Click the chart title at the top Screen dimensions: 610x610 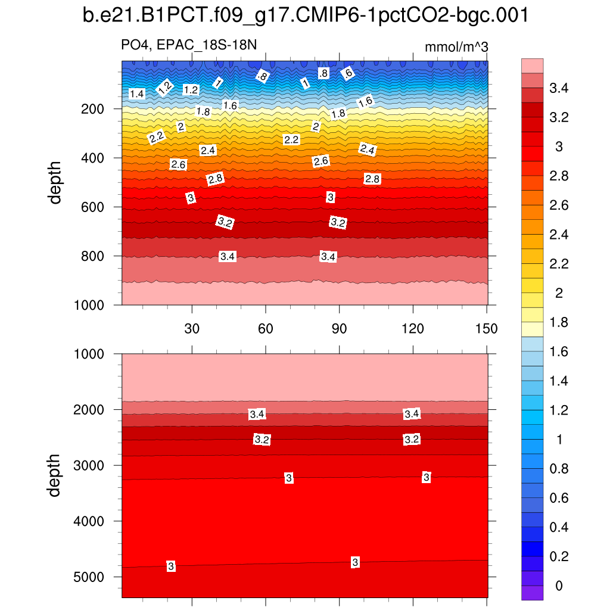[x=305, y=16]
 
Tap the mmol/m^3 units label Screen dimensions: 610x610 [x=456, y=46]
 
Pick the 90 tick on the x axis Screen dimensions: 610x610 [x=339, y=328]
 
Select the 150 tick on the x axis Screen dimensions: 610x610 [x=486, y=328]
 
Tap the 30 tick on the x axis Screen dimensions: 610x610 [x=192, y=328]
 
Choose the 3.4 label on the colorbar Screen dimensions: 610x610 [x=558, y=89]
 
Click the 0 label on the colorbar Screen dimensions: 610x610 [x=558, y=586]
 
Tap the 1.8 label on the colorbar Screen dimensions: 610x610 [x=558, y=323]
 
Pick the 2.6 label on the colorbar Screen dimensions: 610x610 [x=558, y=206]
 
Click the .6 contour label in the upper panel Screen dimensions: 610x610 [x=348, y=73]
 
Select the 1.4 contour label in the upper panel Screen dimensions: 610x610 [x=136, y=94]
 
